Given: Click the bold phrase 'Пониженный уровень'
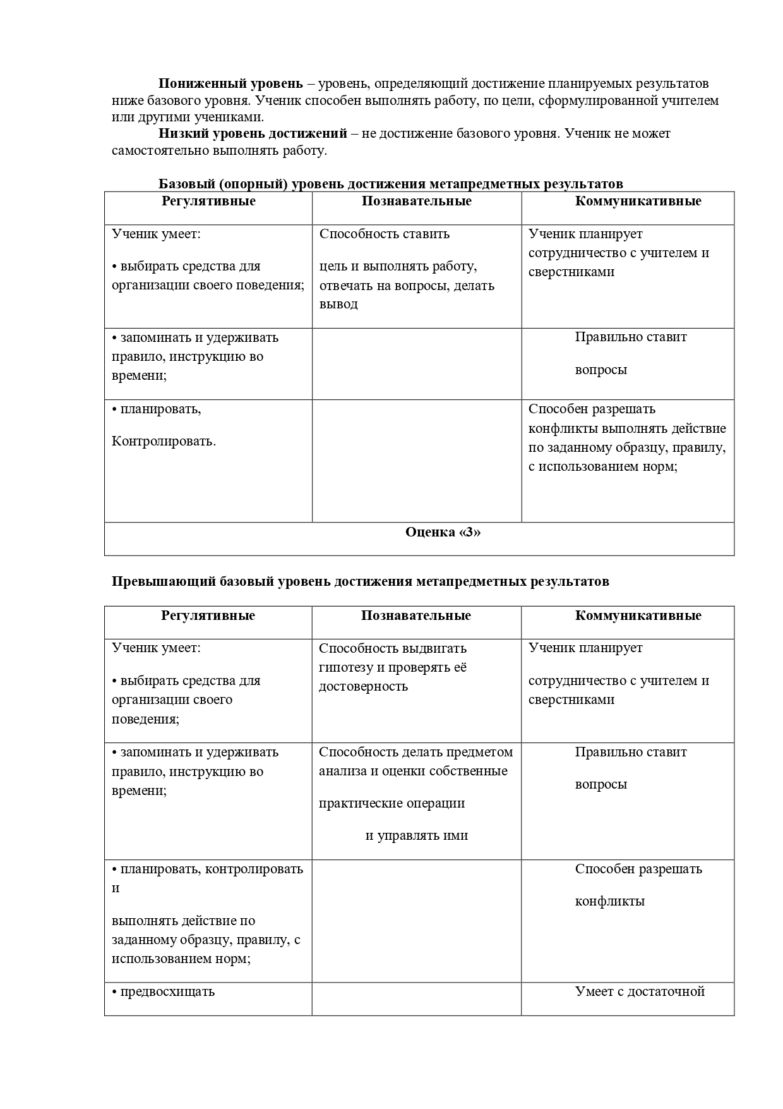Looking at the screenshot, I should click(x=230, y=84).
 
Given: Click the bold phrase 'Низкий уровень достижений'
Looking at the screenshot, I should click(x=253, y=133).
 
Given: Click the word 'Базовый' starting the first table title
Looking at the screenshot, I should click(x=187, y=184).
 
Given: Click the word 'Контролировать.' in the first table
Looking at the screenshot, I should click(x=164, y=441).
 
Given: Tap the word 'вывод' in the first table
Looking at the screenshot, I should click(x=338, y=304).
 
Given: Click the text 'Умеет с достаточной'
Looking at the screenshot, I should click(x=640, y=991).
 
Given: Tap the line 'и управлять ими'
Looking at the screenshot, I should click(x=417, y=835).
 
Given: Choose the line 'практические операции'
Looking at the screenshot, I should click(x=391, y=803).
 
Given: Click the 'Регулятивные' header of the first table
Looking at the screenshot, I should click(x=208, y=201).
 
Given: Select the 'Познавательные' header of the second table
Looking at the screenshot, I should click(x=416, y=615).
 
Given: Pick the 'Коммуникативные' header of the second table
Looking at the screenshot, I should click(x=638, y=615).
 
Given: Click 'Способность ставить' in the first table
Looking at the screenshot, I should click(x=385, y=234).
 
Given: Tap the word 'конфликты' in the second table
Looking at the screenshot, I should click(x=609, y=901).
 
